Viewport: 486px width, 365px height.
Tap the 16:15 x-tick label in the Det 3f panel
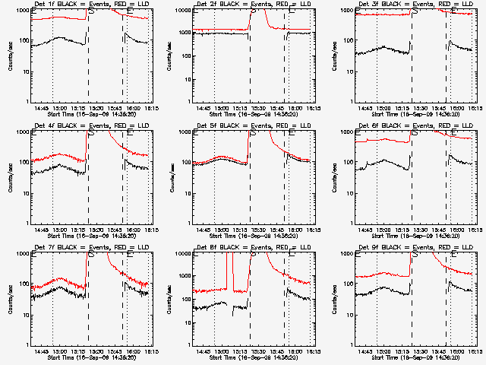[x=474, y=108]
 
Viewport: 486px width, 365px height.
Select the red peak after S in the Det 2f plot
[x=258, y=15]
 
